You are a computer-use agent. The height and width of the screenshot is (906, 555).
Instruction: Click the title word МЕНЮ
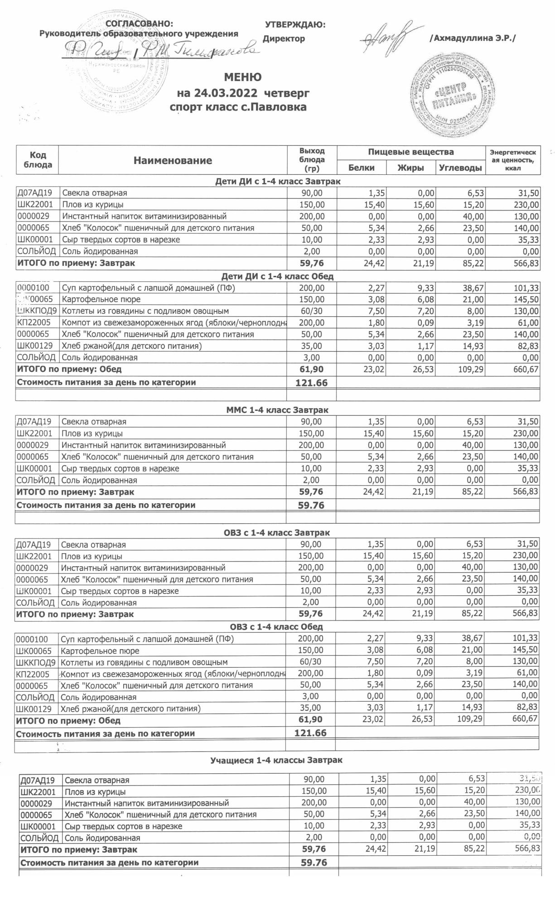tap(242, 77)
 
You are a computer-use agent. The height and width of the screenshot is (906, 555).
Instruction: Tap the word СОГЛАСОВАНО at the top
tap(139, 24)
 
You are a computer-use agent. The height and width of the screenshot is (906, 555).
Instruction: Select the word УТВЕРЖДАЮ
tap(295, 25)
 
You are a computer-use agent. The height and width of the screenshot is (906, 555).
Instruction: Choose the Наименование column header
tap(173, 160)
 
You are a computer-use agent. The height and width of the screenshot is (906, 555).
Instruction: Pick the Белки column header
tap(361, 168)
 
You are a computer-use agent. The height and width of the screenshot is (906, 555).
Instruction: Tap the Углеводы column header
tap(460, 168)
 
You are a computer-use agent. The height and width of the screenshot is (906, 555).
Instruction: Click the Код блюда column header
tap(38, 160)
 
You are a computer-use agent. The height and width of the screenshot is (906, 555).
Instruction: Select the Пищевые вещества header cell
tap(410, 152)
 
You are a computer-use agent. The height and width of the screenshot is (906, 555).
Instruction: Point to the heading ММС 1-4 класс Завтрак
tap(277, 410)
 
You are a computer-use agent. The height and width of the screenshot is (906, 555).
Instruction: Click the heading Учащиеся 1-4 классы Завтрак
tap(276, 760)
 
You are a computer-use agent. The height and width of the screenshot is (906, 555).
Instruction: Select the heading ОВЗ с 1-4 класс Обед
tap(276, 626)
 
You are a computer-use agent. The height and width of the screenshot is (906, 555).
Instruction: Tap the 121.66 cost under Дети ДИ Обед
tap(311, 383)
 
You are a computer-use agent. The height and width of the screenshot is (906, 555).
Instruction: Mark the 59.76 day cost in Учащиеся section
tap(314, 863)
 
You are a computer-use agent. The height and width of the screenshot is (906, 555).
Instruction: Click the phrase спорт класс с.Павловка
tap(238, 107)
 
